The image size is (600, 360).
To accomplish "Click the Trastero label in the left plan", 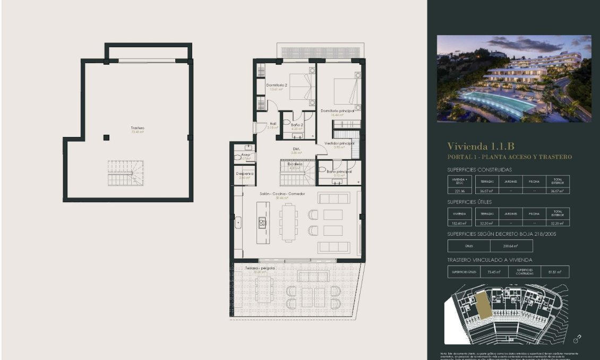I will click(x=138, y=128).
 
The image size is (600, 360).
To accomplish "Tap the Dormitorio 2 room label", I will click(x=277, y=85).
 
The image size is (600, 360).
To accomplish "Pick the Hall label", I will click(x=273, y=124).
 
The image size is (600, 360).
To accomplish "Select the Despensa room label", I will click(x=245, y=174).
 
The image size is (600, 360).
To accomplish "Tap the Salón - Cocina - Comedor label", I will click(x=282, y=194).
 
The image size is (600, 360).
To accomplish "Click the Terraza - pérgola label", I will click(x=260, y=269).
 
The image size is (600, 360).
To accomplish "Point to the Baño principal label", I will click(x=339, y=172).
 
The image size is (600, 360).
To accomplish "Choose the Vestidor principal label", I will click(x=339, y=143).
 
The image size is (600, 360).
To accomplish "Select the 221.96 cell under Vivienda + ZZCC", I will click(x=460, y=191).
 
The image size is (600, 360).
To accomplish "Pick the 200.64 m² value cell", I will click(x=510, y=246).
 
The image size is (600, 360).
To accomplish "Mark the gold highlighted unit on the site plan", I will click(x=483, y=305).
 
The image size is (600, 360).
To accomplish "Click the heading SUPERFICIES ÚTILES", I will click(x=469, y=202).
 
